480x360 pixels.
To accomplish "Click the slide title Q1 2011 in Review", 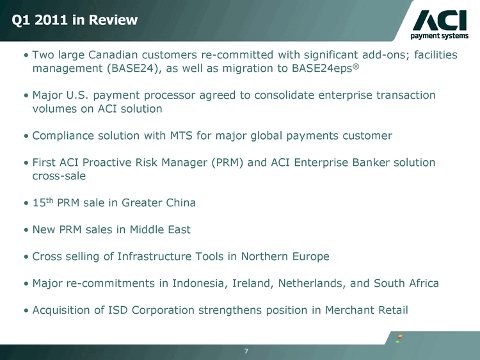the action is (75, 20).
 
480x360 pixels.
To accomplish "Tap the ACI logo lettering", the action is (440, 20).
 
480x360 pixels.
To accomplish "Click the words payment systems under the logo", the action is (439, 36).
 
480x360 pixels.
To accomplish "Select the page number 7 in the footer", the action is (246, 351).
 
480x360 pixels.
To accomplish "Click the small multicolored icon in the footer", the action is (399, 339).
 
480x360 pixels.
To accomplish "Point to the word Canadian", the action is (113, 55).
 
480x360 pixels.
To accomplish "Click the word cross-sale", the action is (59, 176).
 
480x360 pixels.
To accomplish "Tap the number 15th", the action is (43, 202).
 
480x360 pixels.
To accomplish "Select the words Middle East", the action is (160, 229).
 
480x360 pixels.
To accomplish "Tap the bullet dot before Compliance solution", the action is (26, 136).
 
